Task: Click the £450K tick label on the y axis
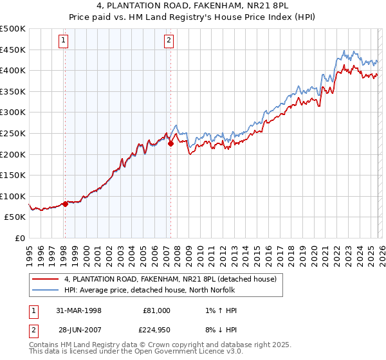13,50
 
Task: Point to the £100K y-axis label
13,196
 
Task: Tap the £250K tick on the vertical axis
13,133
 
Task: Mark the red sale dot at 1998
65,204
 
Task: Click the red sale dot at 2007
170,144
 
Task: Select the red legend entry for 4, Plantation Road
170,278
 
